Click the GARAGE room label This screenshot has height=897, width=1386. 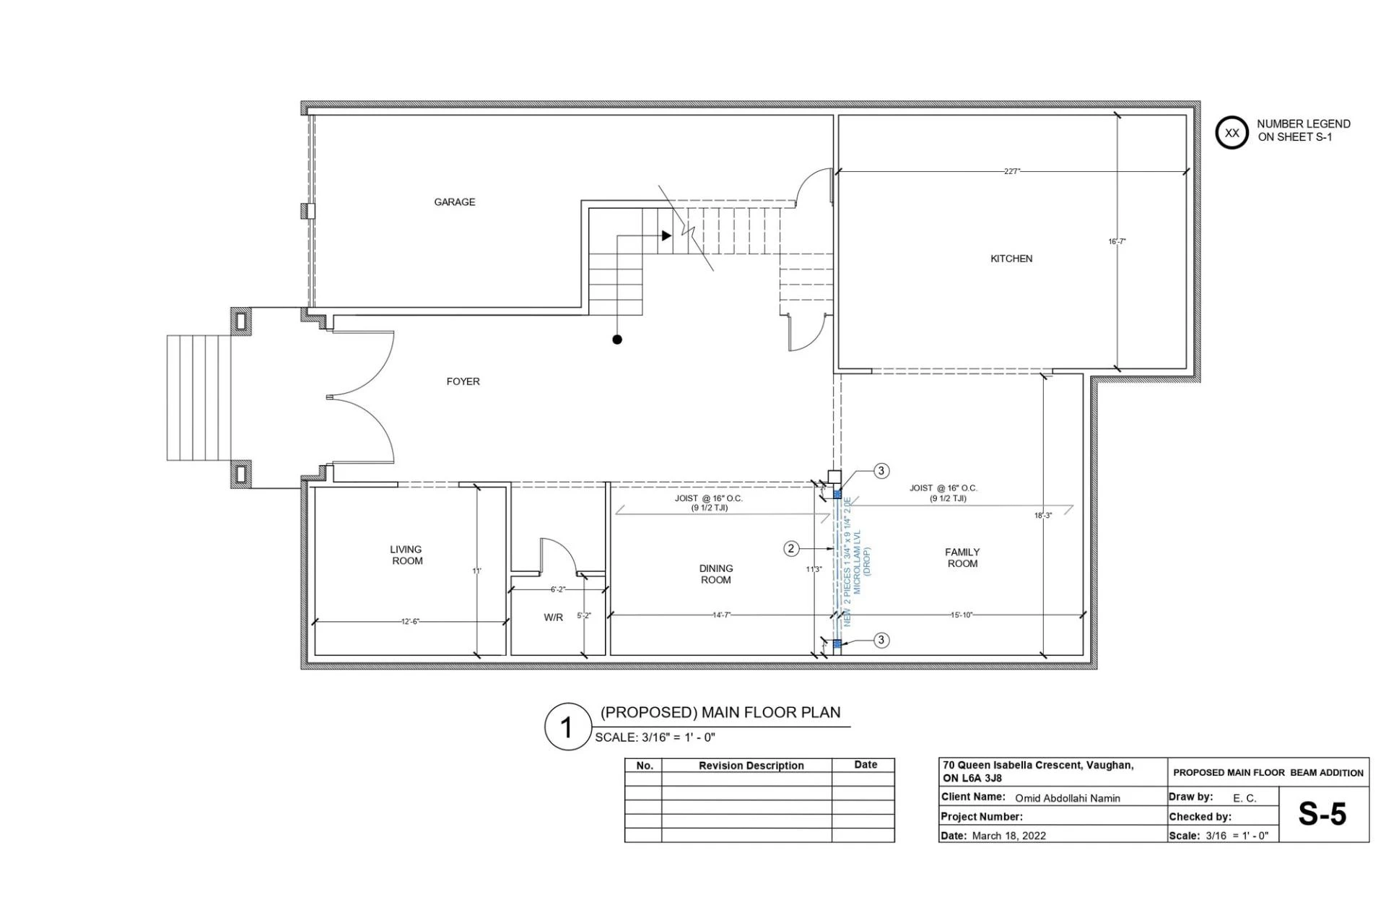click(x=454, y=202)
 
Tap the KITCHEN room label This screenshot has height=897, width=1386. click(x=1011, y=259)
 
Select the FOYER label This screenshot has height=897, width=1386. click(x=463, y=381)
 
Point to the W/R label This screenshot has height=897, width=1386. click(x=553, y=617)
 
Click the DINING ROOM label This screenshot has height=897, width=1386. click(x=715, y=574)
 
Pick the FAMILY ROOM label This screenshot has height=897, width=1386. click(x=962, y=558)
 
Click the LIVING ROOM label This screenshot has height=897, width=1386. click(x=406, y=555)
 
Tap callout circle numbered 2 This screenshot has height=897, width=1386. click(x=791, y=549)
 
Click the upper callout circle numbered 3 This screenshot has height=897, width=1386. click(x=881, y=471)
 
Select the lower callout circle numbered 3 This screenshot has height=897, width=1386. click(x=881, y=640)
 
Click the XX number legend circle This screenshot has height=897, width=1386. click(x=1232, y=133)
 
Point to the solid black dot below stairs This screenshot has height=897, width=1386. click(x=616, y=339)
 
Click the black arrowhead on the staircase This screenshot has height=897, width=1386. click(x=666, y=235)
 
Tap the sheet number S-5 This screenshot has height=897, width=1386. click(x=1322, y=814)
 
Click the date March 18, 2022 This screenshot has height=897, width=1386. click(x=1008, y=836)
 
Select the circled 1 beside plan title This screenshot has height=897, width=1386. click(x=567, y=727)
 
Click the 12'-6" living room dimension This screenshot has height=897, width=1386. click(x=410, y=621)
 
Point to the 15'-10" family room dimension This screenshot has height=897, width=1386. click(x=961, y=615)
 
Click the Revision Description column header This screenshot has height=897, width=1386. click(x=751, y=766)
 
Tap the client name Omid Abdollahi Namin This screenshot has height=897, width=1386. click(x=1067, y=798)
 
